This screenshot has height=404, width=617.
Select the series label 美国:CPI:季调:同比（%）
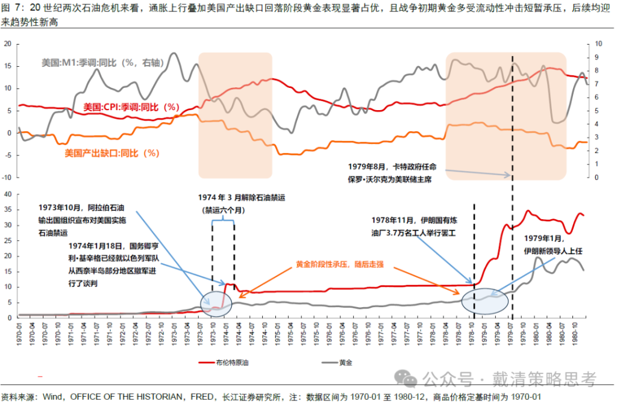131,107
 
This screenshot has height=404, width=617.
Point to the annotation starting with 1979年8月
392,172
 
